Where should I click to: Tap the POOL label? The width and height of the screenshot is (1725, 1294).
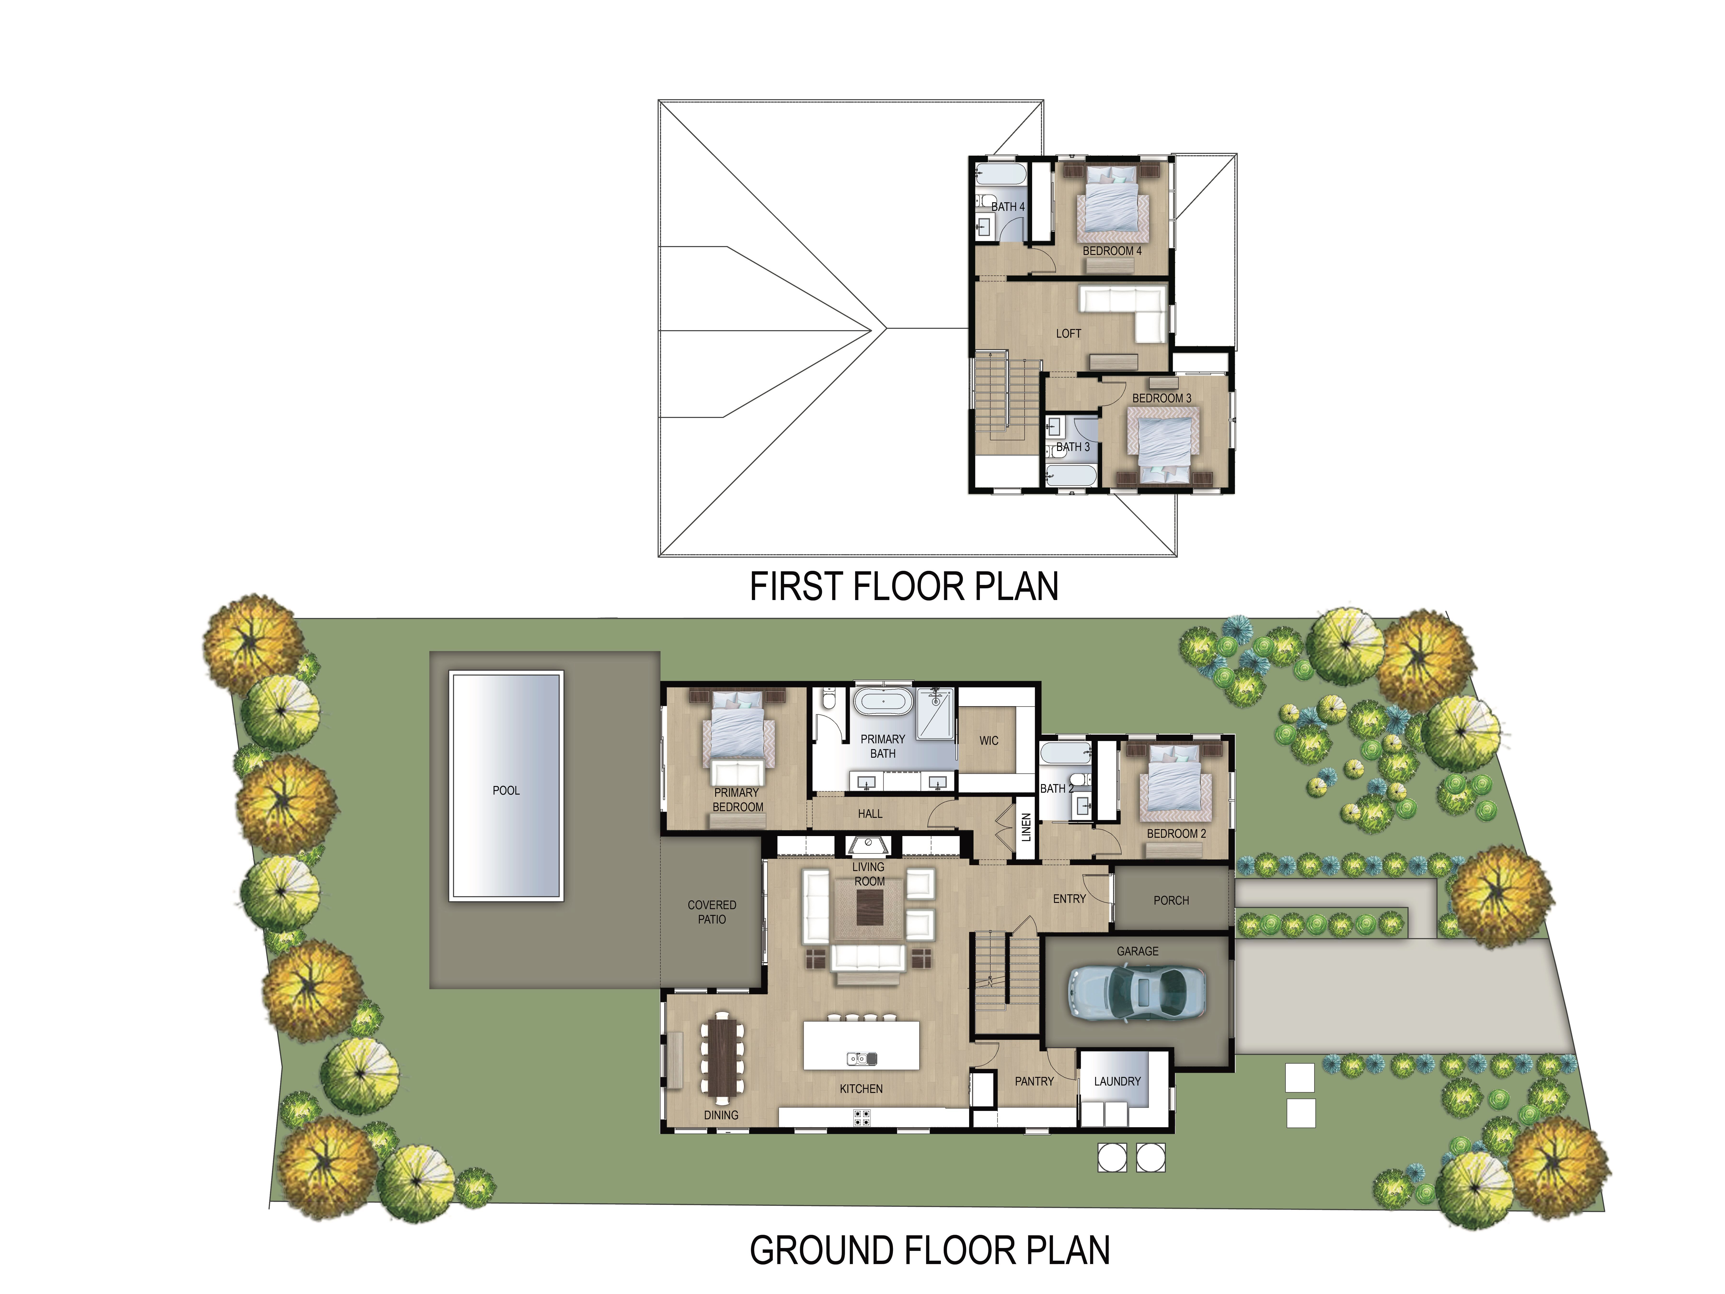[x=506, y=790]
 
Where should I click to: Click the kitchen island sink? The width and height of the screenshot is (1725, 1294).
[x=862, y=1058]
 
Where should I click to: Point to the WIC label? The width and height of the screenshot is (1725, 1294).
[x=989, y=740]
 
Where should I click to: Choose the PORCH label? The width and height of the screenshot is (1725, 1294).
[x=1171, y=900]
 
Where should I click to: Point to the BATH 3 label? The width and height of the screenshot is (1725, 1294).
[x=1073, y=447]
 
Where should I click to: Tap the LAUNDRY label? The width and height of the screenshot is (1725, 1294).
[x=1117, y=1081]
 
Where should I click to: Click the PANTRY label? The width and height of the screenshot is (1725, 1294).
[x=1034, y=1081]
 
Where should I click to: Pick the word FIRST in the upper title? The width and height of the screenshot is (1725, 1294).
[x=796, y=587]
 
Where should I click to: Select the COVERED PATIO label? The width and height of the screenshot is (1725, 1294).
[x=712, y=912]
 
